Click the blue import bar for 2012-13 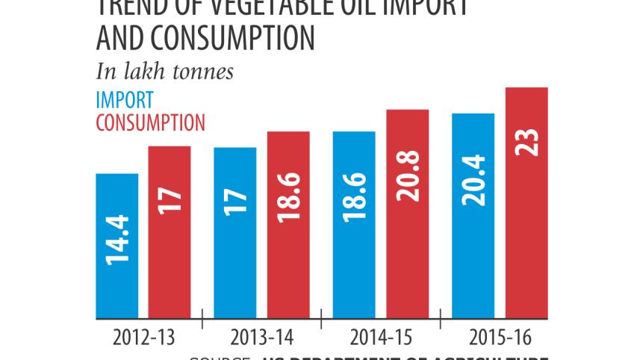[x=117, y=245]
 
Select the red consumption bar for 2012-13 [x=169, y=232]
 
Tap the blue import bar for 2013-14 [x=234, y=232]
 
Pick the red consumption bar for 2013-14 [x=288, y=224]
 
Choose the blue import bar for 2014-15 [x=354, y=224]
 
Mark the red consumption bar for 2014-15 [x=407, y=213]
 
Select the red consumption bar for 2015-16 [x=526, y=202]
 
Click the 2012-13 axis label [x=144, y=337]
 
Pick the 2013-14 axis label [x=262, y=337]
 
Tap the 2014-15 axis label [x=381, y=337]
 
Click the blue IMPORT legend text [x=125, y=100]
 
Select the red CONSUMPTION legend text [x=151, y=122]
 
